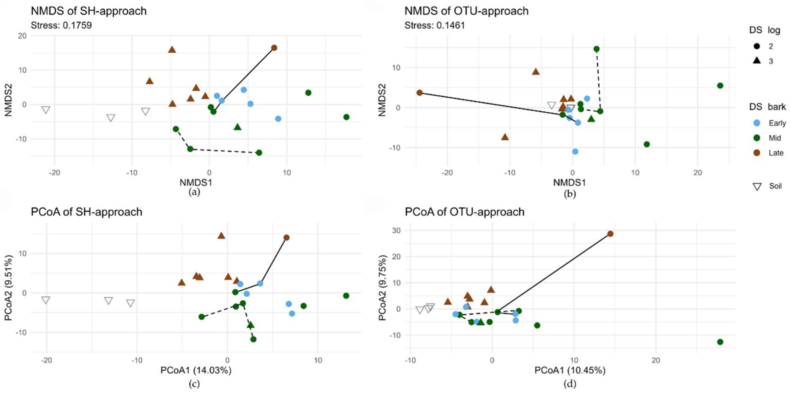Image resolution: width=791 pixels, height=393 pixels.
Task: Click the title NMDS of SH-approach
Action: (x=89, y=11)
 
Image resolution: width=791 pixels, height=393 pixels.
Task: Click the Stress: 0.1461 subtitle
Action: (x=435, y=25)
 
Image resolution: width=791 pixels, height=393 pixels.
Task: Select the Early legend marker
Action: (x=757, y=123)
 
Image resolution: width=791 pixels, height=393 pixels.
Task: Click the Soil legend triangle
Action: (x=757, y=186)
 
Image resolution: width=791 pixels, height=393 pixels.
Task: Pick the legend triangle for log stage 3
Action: (x=757, y=61)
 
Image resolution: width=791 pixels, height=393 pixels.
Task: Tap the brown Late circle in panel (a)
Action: (x=274, y=48)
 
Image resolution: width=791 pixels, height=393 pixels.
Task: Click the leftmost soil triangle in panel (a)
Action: (x=46, y=110)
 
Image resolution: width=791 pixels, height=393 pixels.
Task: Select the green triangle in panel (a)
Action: (x=237, y=127)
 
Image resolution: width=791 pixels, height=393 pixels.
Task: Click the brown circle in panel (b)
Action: (x=419, y=92)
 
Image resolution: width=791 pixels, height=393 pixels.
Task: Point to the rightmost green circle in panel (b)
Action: (x=720, y=85)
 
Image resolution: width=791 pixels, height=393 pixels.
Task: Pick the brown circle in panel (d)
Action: (x=610, y=234)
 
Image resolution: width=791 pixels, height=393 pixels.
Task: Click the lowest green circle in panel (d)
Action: (x=720, y=342)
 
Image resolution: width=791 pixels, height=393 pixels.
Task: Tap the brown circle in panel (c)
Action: (x=287, y=238)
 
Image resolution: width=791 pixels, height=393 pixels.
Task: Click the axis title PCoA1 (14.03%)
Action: (x=196, y=370)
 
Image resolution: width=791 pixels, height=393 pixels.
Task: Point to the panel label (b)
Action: (x=570, y=194)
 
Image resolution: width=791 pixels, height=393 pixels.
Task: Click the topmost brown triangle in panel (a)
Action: (x=172, y=49)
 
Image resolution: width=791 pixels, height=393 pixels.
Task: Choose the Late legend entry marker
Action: (x=757, y=153)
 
